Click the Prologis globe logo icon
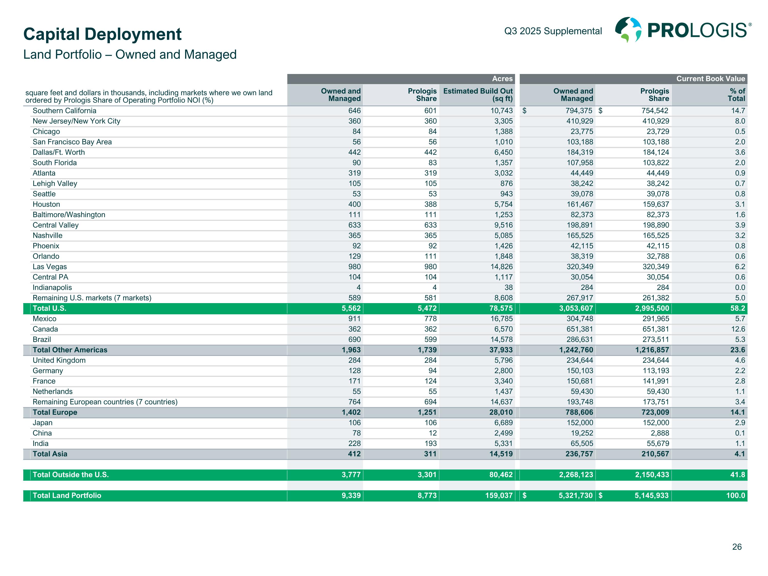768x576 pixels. click(628, 30)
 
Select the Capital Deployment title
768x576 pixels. click(102, 34)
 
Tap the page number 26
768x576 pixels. click(737, 547)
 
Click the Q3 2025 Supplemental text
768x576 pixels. click(553, 31)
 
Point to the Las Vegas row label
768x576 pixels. click(50, 267)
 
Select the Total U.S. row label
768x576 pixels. click(49, 308)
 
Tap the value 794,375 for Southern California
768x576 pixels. click(579, 111)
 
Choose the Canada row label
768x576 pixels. click(45, 329)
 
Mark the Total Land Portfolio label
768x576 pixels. click(67, 495)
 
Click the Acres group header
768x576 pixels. click(502, 79)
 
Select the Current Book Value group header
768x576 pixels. click(710, 79)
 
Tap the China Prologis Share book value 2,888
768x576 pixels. click(659, 433)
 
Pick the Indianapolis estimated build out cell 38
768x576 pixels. click(508, 287)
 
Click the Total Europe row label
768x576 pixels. click(55, 412)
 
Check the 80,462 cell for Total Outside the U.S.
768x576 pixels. click(501, 475)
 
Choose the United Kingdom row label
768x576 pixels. click(59, 360)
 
